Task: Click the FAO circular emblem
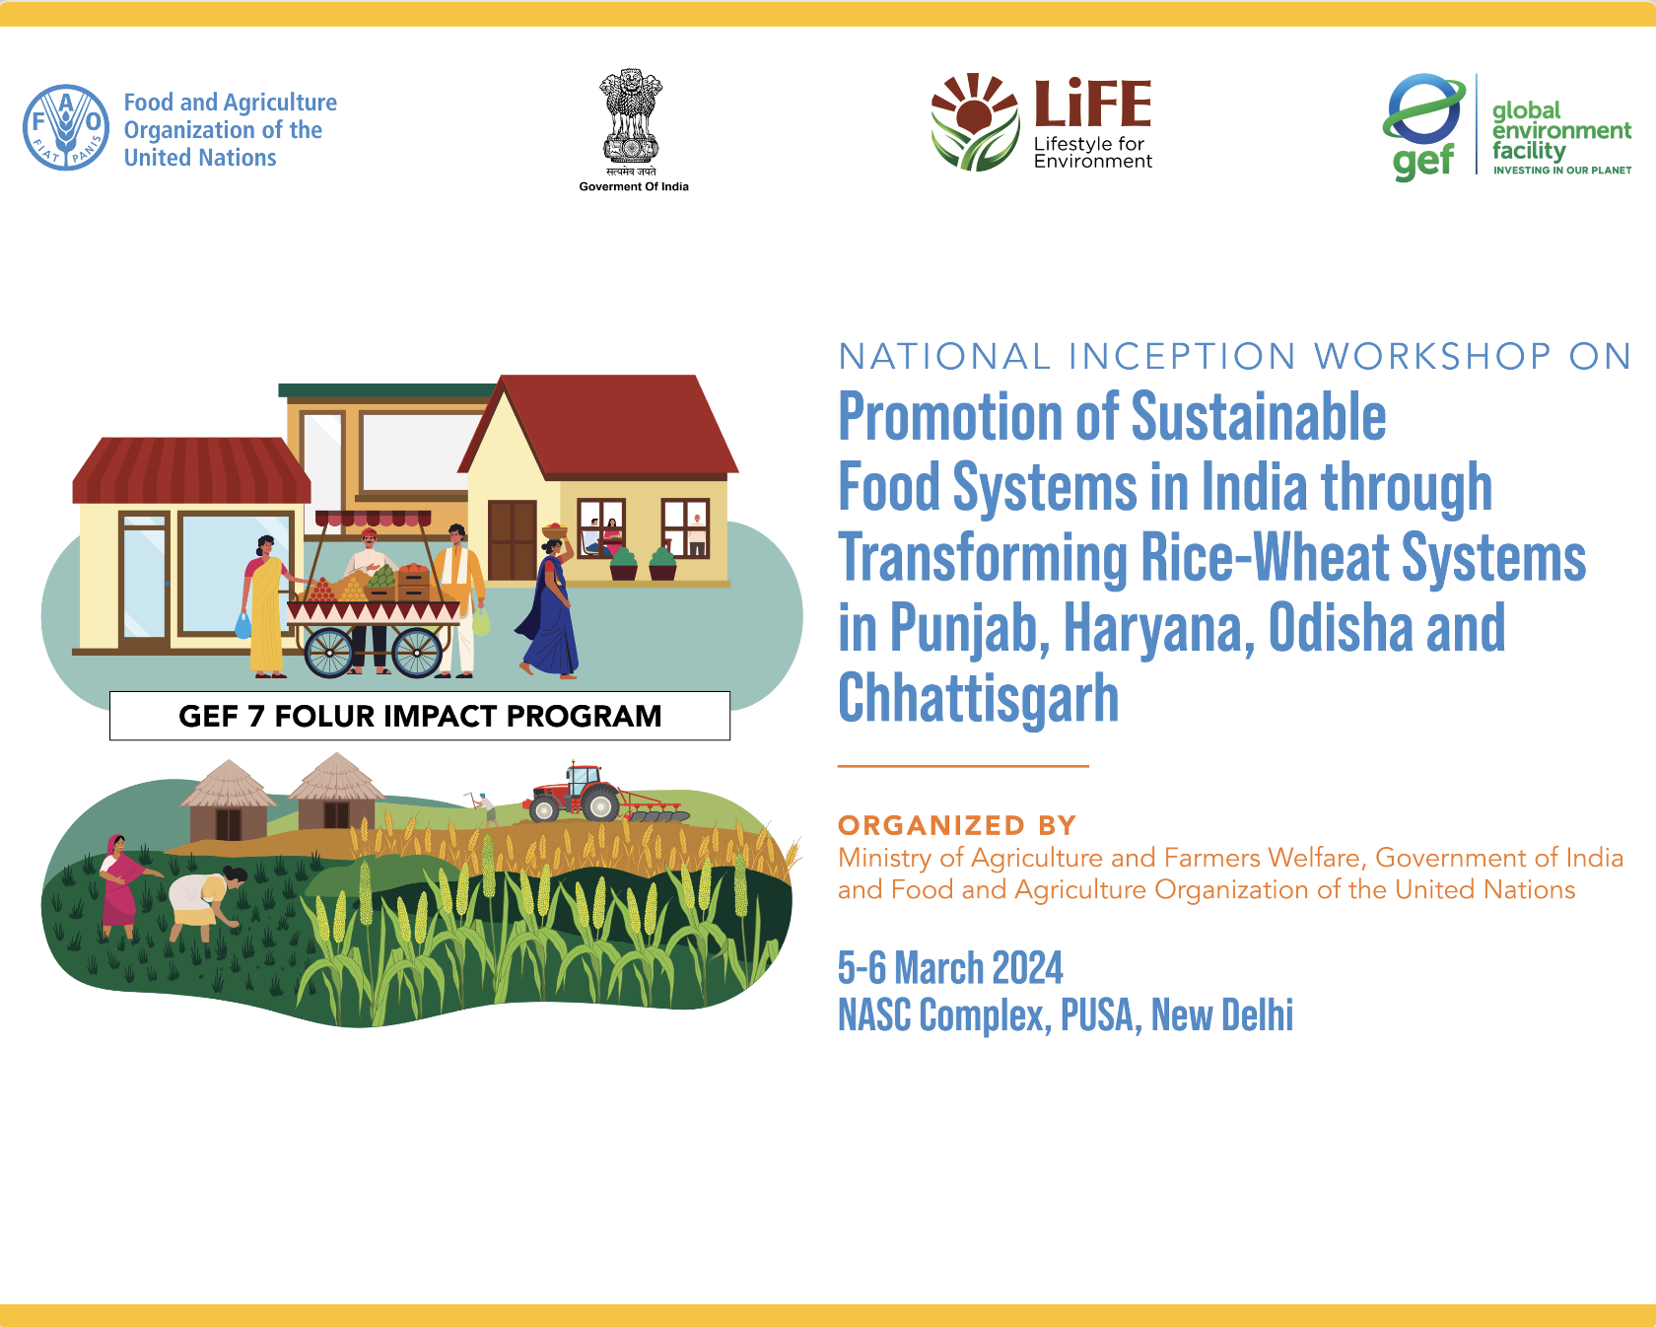pos(66,127)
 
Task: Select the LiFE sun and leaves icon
pos(975,122)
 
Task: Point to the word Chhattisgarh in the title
pos(979,698)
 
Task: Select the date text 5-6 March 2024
pos(950,968)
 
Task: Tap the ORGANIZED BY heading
pos(957,825)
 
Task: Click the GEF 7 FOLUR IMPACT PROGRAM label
pos(420,716)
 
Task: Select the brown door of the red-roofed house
pos(512,540)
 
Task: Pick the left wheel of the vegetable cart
pos(329,652)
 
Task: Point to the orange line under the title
pos(963,765)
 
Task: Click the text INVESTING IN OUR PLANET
pos(1562,171)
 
